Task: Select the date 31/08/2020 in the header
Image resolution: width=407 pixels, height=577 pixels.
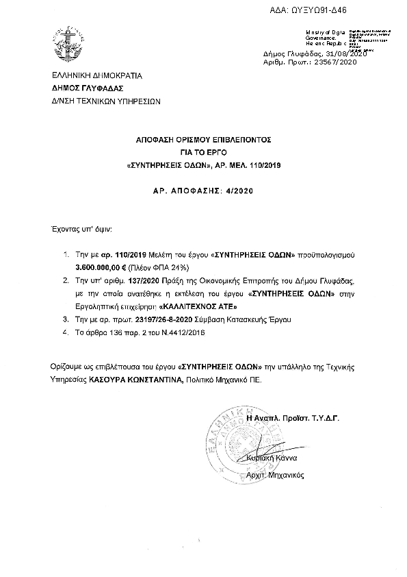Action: [347, 54]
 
